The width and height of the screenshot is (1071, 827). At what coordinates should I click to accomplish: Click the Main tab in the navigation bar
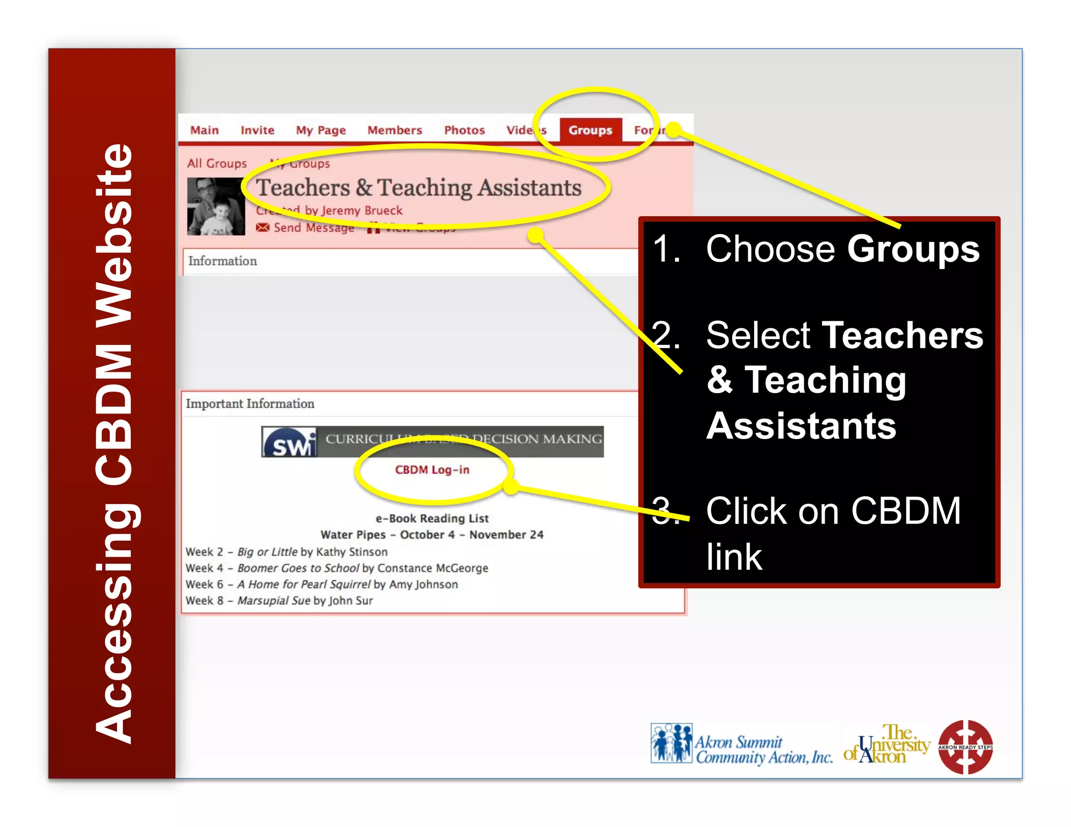[204, 130]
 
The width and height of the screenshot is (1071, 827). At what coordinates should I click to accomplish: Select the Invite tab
[257, 130]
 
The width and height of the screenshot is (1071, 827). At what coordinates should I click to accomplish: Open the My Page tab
[321, 130]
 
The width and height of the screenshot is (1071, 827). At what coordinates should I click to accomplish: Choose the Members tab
[394, 130]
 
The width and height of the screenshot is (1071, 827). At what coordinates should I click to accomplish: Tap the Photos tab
[464, 130]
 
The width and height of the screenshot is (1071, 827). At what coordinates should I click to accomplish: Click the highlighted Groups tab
[590, 130]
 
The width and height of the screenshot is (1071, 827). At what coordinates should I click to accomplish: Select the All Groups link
[217, 164]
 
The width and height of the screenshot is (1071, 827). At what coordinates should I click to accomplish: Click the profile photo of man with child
[216, 206]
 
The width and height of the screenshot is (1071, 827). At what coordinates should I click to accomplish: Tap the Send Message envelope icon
[263, 227]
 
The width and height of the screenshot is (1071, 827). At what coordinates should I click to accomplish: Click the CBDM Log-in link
[432, 470]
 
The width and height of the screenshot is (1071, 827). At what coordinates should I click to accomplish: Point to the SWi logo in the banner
[290, 442]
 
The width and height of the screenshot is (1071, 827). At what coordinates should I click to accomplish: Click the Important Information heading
[250, 404]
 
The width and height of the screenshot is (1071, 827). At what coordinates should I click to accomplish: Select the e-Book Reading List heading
[432, 519]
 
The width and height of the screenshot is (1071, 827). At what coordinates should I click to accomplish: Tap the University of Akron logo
[887, 744]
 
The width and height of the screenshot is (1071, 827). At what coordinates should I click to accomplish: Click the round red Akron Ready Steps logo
[965, 746]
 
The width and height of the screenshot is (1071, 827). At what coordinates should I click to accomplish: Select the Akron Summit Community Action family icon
[671, 743]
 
